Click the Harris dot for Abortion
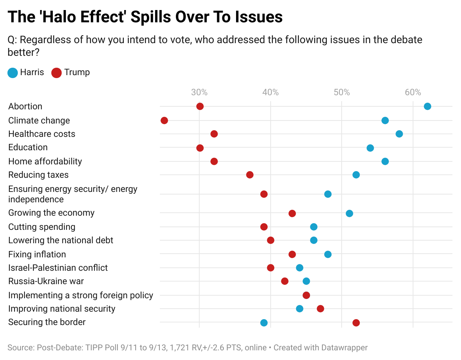tap(427, 106)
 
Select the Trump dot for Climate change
tap(164, 120)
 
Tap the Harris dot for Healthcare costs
tap(399, 134)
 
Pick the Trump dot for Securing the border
tap(356, 322)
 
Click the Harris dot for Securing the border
tap(264, 322)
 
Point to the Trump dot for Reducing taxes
tap(249, 175)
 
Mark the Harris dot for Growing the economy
tap(349, 213)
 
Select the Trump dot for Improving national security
tap(320, 309)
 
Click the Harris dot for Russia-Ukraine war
tap(306, 281)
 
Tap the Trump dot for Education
tap(200, 148)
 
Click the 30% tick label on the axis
tap(199, 92)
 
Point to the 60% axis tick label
tap(413, 92)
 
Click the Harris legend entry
tap(26, 73)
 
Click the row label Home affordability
tap(45, 161)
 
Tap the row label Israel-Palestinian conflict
tap(58, 268)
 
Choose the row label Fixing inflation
tap(37, 254)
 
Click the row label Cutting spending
tap(42, 227)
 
